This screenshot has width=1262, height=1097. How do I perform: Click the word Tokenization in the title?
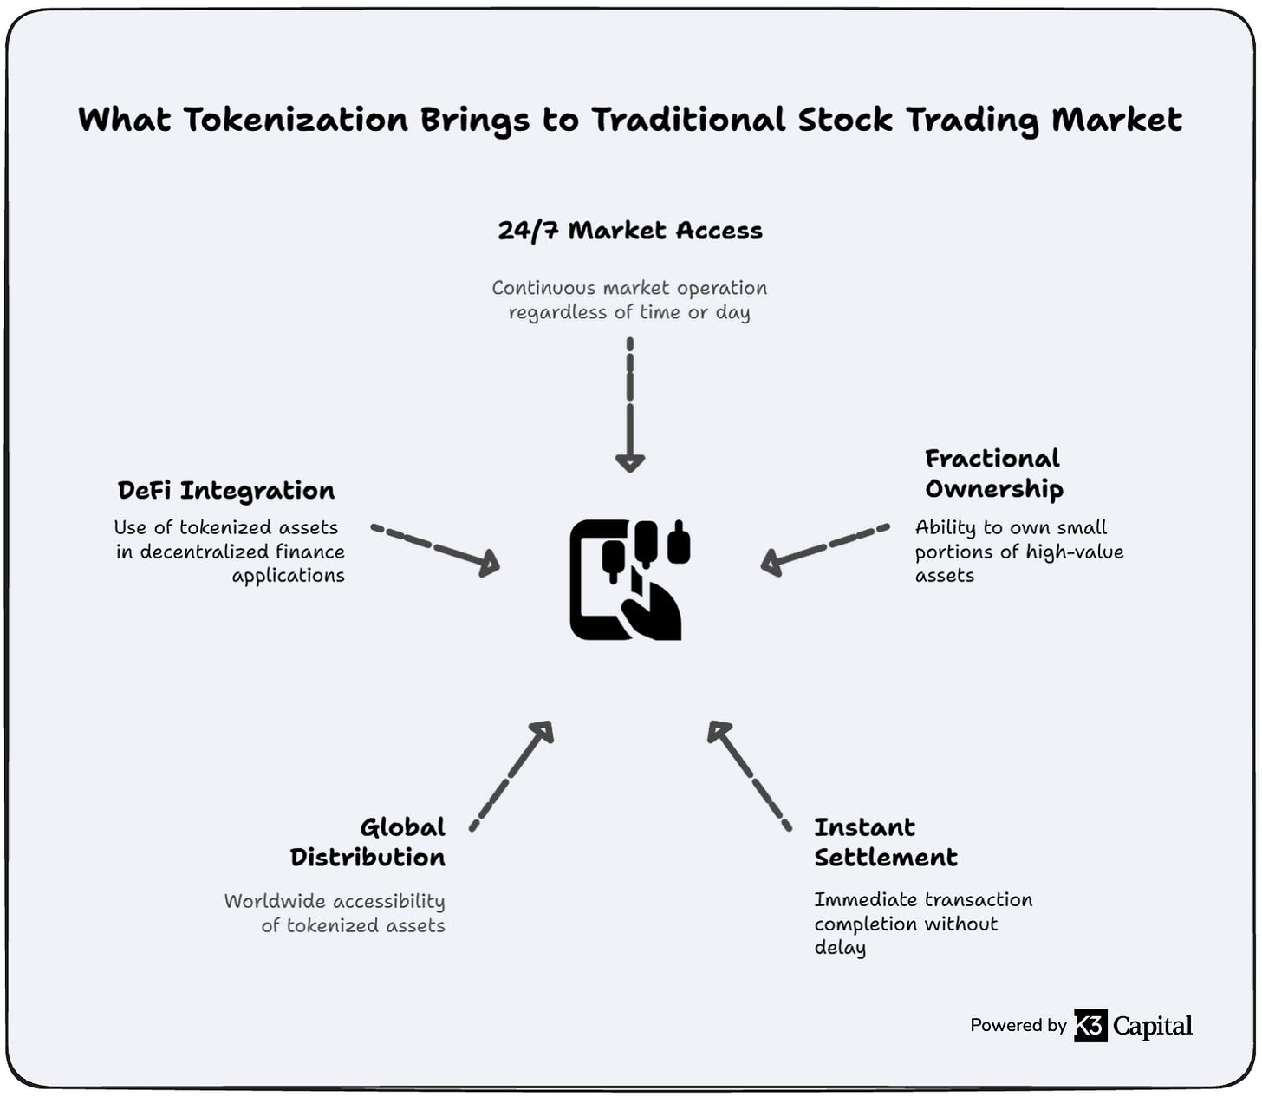(295, 120)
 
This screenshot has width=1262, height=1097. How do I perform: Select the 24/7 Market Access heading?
(630, 231)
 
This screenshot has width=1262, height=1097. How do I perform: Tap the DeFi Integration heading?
(226, 491)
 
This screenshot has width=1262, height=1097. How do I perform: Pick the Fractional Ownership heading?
(993, 473)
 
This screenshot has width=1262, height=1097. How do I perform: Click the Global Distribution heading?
(368, 842)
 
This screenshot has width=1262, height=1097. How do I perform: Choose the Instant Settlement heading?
(886, 842)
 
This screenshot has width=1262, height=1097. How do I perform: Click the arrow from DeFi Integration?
(435, 548)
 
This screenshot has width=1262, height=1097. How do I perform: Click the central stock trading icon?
(630, 579)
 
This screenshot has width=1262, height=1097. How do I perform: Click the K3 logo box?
(1090, 1025)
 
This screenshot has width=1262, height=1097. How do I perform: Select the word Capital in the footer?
(1153, 1026)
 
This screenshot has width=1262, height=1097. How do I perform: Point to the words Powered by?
(1018, 1025)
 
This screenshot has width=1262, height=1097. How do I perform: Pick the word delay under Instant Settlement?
(840, 948)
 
